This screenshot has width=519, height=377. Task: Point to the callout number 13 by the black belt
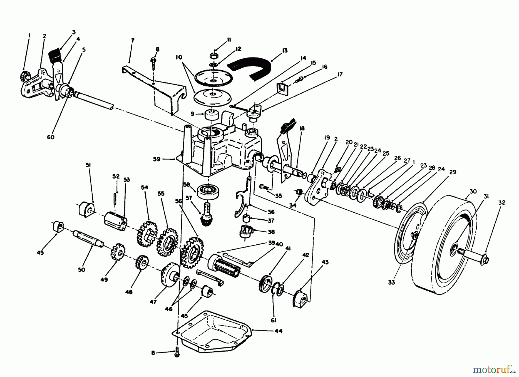click(x=285, y=50)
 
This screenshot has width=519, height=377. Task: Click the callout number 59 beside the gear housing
click(x=157, y=159)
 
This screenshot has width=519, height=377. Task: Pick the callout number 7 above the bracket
click(x=132, y=41)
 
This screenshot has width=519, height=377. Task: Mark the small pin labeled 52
click(x=115, y=195)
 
